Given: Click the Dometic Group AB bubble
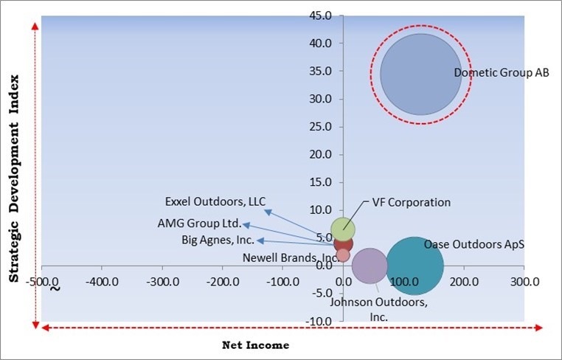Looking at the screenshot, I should (x=420, y=74).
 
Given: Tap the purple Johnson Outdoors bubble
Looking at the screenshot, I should (x=370, y=266).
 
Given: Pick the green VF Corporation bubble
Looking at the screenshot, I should (x=343, y=229).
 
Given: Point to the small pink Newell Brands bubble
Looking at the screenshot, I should (x=343, y=255).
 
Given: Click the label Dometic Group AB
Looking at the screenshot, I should (x=502, y=73).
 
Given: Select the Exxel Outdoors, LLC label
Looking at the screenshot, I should (x=215, y=201).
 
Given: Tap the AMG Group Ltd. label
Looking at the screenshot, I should (x=199, y=223).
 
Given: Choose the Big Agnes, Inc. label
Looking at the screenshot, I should (x=218, y=240).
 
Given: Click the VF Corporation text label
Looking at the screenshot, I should (x=411, y=202).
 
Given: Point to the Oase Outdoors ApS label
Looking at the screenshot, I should (x=473, y=244).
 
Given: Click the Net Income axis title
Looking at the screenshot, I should (x=255, y=345).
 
